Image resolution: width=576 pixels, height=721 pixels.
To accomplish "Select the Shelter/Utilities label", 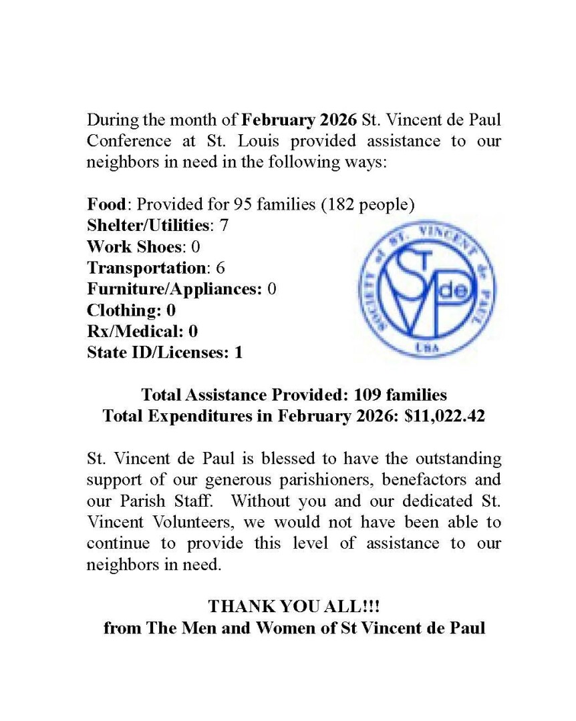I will tap(148, 226).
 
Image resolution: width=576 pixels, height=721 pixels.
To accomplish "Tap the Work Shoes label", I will tap(134, 247).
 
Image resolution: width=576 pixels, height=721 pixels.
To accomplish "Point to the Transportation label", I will tap(146, 268).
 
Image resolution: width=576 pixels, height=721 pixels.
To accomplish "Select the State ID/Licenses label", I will tap(158, 352).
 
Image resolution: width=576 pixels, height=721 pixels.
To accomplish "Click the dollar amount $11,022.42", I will tap(445, 416).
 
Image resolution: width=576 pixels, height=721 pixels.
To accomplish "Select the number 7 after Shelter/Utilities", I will tap(224, 226).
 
